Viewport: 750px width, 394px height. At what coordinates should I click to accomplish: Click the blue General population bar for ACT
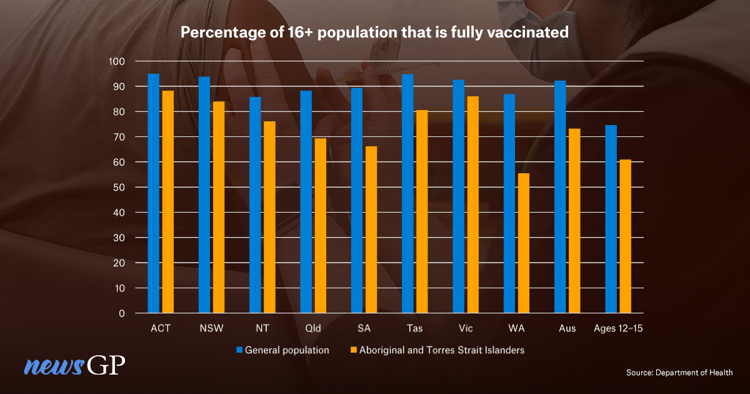[153, 193]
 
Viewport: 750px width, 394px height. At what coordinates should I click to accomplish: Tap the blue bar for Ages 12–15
[611, 219]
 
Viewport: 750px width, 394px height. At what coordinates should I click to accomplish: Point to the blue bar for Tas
[407, 194]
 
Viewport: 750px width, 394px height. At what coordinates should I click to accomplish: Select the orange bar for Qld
[320, 226]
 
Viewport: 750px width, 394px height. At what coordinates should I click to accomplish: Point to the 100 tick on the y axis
[117, 61]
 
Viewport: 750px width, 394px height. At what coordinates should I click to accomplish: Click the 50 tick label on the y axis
[120, 188]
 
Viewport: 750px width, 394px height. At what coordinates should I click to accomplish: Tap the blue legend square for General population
[239, 350]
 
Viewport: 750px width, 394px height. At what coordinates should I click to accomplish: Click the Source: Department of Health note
[679, 373]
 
